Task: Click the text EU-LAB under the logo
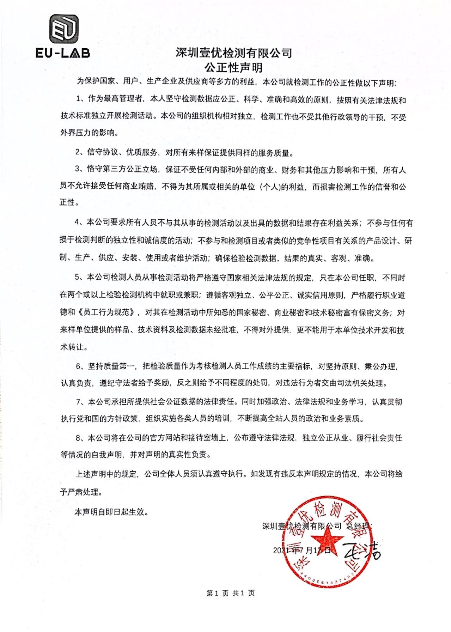pyautogui.click(x=63, y=53)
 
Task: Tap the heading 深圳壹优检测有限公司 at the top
pyautogui.click(x=234, y=53)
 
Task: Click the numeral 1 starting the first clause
pyautogui.click(x=78, y=100)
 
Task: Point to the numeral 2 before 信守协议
pyautogui.click(x=78, y=153)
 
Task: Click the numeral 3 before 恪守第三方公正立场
pyautogui.click(x=78, y=170)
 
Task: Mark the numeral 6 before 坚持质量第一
pyautogui.click(x=79, y=366)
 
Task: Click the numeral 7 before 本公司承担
pyautogui.click(x=79, y=402)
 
